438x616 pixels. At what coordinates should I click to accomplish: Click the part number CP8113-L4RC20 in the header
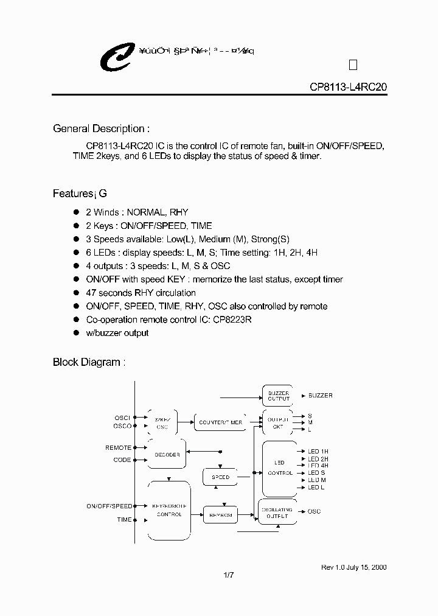348,87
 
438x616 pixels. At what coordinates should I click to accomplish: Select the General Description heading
101,129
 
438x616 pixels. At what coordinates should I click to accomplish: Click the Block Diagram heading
89,362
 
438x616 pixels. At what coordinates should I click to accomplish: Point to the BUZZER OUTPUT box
279,396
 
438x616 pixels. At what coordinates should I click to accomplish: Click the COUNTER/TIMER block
220,422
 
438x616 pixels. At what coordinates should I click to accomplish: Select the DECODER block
167,453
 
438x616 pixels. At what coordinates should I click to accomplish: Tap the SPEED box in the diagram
220,477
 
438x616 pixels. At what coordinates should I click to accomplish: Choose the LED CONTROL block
280,469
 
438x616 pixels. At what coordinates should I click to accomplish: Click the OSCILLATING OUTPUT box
278,512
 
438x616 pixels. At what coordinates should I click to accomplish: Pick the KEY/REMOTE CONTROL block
169,510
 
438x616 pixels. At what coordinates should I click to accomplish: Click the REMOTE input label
118,447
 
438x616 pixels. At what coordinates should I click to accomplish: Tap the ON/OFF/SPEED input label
109,506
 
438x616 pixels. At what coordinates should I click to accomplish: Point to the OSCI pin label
122,418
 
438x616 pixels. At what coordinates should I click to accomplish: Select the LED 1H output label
318,451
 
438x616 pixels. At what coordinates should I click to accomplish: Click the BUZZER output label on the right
321,396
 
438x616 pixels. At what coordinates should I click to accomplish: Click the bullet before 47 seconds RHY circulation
77,292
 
